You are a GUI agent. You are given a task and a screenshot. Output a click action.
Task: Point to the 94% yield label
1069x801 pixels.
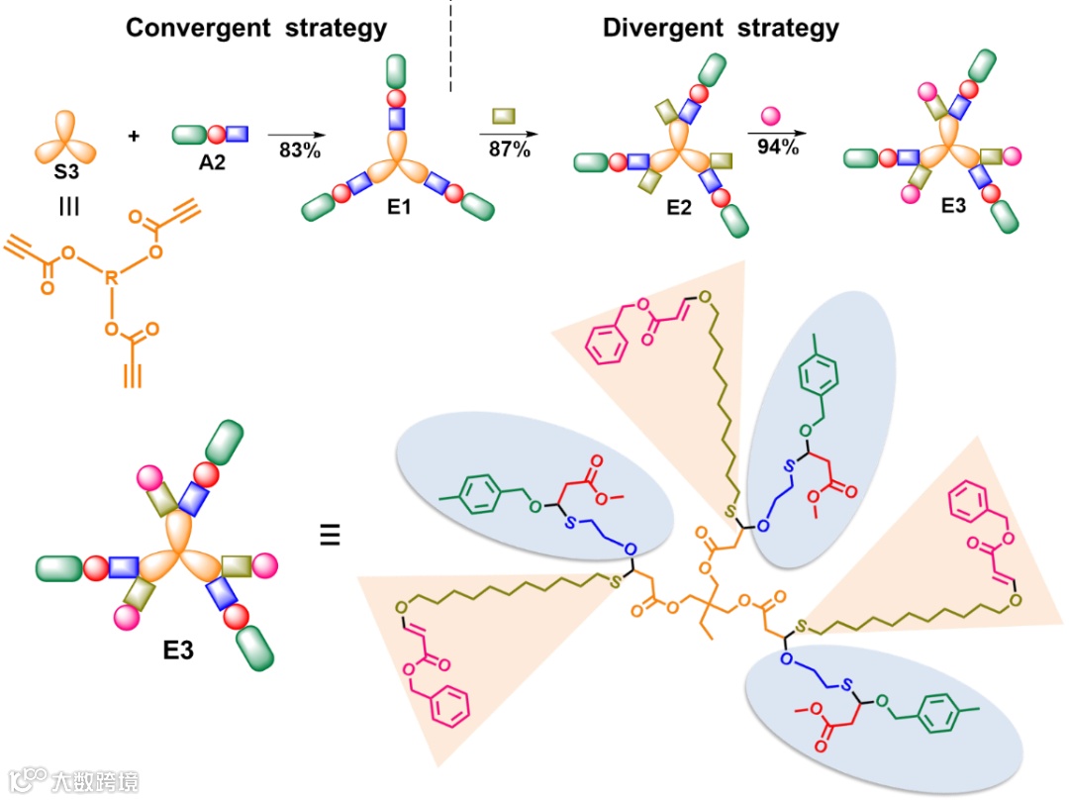[773, 149]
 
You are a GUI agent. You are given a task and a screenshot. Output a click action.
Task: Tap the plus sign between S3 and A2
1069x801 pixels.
[135, 135]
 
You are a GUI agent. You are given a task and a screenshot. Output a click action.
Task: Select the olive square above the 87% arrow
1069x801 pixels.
[504, 118]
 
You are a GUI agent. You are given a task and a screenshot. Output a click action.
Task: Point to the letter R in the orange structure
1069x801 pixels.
[112, 280]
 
